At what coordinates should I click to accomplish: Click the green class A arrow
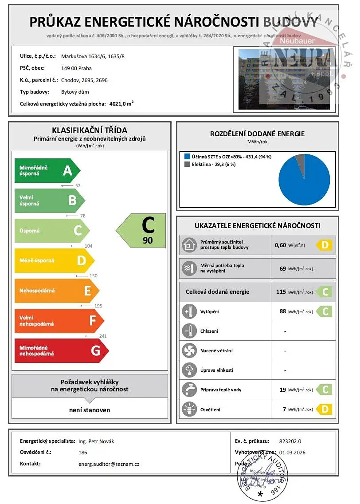pyautogui.click(x=47, y=170)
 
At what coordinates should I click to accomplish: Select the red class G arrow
pyautogui.click(x=61, y=350)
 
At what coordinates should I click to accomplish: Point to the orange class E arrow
pyautogui.click(x=57, y=291)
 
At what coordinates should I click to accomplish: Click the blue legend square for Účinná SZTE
pyautogui.click(x=187, y=157)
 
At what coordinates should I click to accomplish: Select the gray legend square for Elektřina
pyautogui.click(x=187, y=164)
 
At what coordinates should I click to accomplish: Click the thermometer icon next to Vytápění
pyautogui.click(x=189, y=311)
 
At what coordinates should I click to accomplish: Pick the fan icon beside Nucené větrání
pyautogui.click(x=189, y=350)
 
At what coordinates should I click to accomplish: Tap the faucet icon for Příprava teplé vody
pyautogui.click(x=189, y=390)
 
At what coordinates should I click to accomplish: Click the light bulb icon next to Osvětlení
pyautogui.click(x=189, y=409)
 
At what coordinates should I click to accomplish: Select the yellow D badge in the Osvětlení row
pyautogui.click(x=325, y=409)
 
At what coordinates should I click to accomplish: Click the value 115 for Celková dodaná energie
pyautogui.click(x=280, y=292)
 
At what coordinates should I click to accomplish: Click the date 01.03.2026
pyautogui.click(x=293, y=453)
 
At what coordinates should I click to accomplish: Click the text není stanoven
pyautogui.click(x=90, y=410)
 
